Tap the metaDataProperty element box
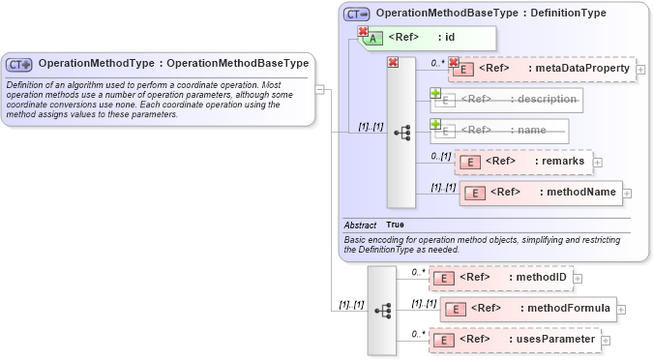[x=542, y=69]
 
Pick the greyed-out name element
[x=500, y=130]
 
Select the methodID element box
[x=500, y=278]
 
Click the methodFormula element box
[x=527, y=309]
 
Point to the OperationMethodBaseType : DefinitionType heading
[x=490, y=14]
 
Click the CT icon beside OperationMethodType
[x=19, y=64]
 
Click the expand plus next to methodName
[x=628, y=193]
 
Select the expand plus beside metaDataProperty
[x=641, y=70]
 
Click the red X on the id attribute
[x=363, y=31]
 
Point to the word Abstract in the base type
[x=360, y=225]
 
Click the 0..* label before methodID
[x=418, y=272]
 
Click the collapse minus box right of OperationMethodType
[x=320, y=89]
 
